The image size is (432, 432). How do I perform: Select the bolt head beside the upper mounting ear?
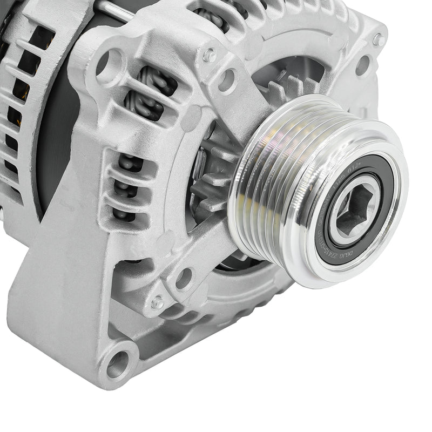209,55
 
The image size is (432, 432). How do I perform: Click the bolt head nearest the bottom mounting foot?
157,302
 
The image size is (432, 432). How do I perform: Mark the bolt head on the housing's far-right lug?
379,39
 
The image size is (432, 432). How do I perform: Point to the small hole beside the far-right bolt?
362,65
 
